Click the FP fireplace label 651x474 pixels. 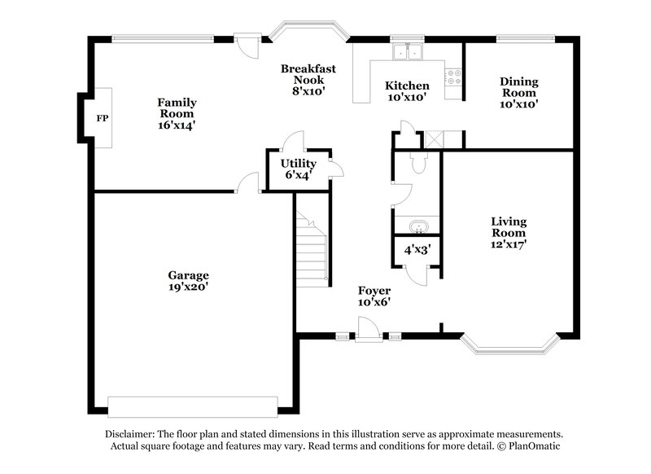(102, 119)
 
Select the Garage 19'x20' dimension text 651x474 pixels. (189, 287)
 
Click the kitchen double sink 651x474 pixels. (406, 52)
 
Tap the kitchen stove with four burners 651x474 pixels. (452, 77)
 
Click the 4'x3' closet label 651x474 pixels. (417, 250)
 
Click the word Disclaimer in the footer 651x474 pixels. (129, 435)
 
